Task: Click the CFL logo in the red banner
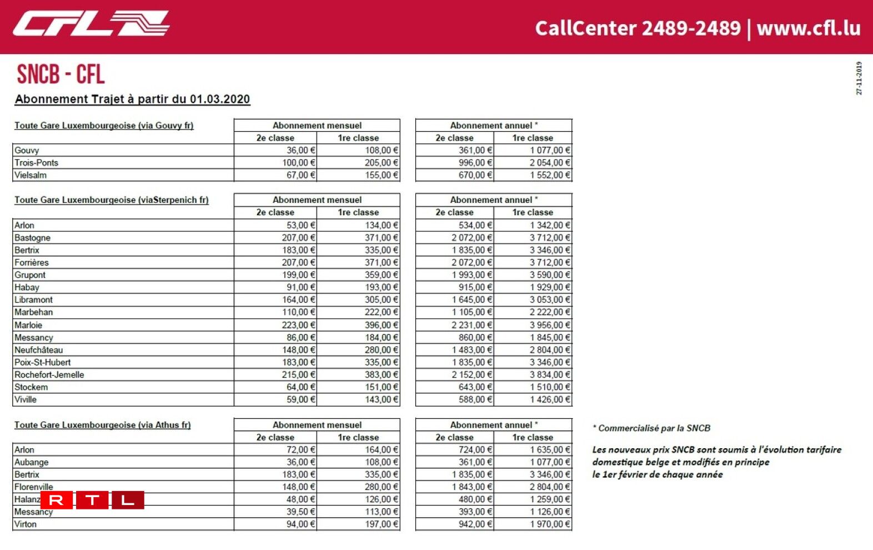[91, 24]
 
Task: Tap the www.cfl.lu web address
[808, 28]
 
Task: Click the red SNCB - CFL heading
[61, 74]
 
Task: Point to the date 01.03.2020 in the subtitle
[219, 99]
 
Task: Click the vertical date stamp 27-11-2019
[859, 78]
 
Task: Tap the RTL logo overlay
[92, 500]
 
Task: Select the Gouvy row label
[27, 150]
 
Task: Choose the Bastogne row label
[32, 237]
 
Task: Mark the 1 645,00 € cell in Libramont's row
[471, 299]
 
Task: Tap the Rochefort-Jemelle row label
[49, 374]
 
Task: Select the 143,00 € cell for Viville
[381, 399]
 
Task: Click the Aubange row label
[31, 462]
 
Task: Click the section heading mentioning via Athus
[102, 425]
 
